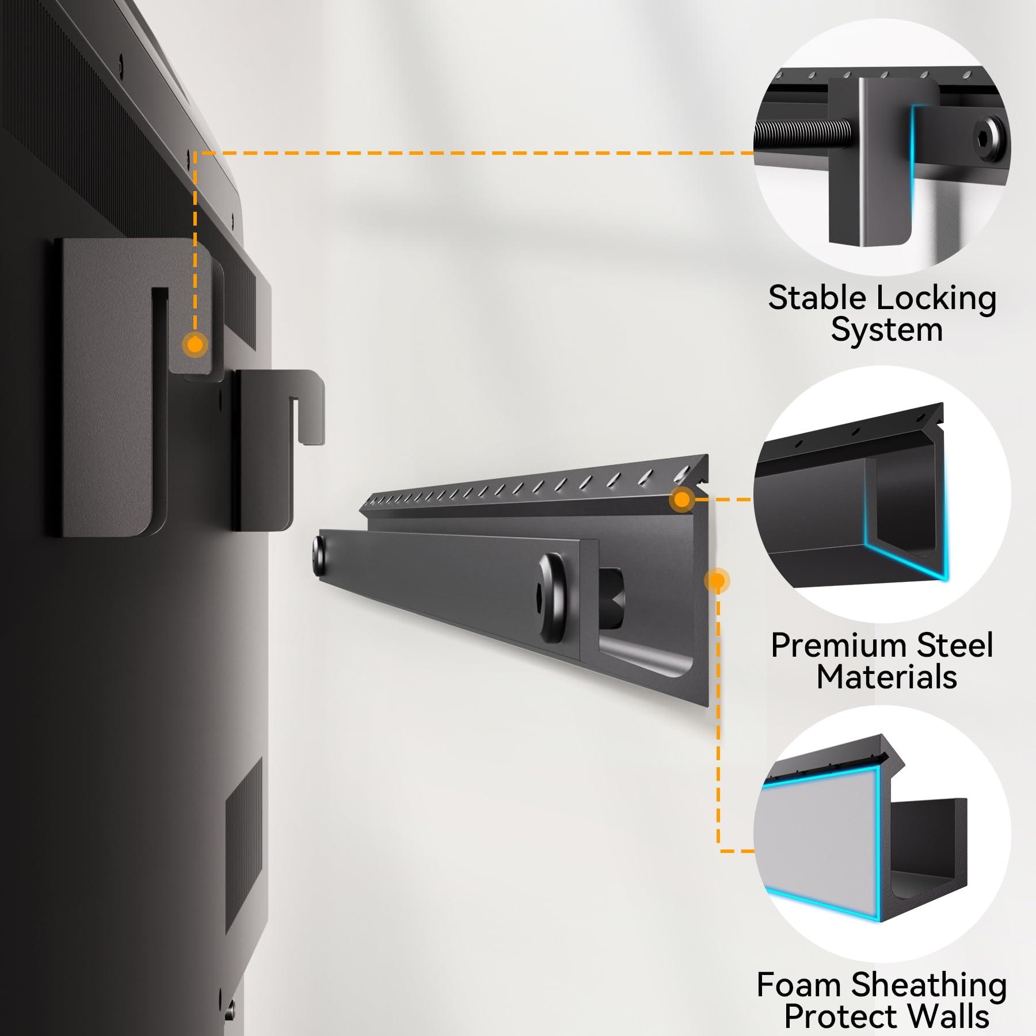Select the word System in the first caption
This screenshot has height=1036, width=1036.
[x=886, y=331]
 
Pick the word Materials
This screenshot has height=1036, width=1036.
[x=886, y=677]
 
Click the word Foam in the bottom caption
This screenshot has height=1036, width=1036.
[x=799, y=985]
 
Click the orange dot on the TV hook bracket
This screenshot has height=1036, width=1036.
[x=195, y=345]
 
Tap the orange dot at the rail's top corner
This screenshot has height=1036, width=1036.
[x=682, y=499]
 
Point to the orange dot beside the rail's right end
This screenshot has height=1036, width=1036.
[x=717, y=580]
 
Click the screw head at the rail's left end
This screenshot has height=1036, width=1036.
[x=317, y=554]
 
